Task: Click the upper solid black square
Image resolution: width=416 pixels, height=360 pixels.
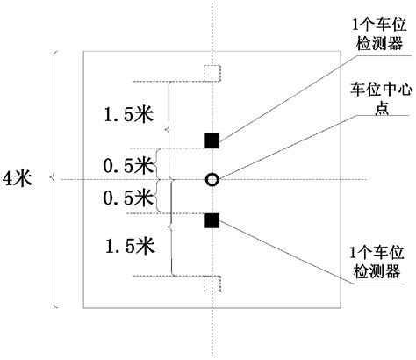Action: coord(212,140)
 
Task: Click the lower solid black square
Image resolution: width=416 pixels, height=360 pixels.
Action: coord(212,220)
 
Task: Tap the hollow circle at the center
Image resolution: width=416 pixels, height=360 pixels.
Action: coord(212,180)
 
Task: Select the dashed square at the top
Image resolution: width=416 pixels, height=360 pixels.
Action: coord(211,73)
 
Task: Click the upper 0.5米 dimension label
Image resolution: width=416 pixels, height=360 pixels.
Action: coord(124,163)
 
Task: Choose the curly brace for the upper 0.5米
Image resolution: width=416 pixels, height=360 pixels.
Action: coord(159,163)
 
